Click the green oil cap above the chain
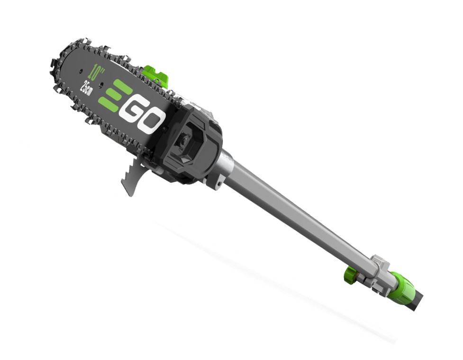click(x=155, y=74)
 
